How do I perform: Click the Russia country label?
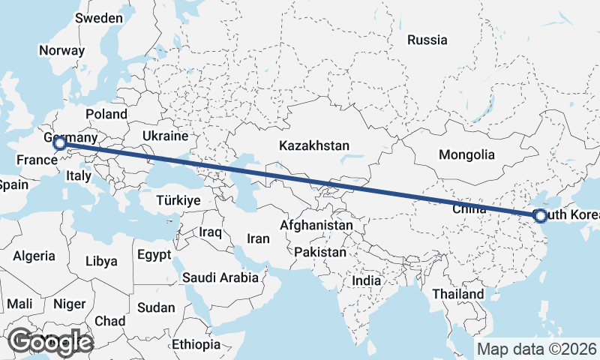coord(427,40)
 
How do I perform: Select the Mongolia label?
coord(467,155)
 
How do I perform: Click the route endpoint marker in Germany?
coord(60,142)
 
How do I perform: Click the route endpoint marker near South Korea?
coord(540,216)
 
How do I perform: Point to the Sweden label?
coord(99,17)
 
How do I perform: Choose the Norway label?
coord(61,50)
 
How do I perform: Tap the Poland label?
coord(106,114)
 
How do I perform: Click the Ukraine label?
coord(164,136)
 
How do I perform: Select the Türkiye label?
coord(178,200)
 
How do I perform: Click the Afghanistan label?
coord(316,225)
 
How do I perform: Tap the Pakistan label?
coord(320,252)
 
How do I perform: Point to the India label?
coord(367,280)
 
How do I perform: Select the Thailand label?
coord(457,294)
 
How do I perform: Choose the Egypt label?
coord(154,255)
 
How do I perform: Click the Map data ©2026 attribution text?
coord(536,349)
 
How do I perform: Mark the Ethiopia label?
coord(196,344)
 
